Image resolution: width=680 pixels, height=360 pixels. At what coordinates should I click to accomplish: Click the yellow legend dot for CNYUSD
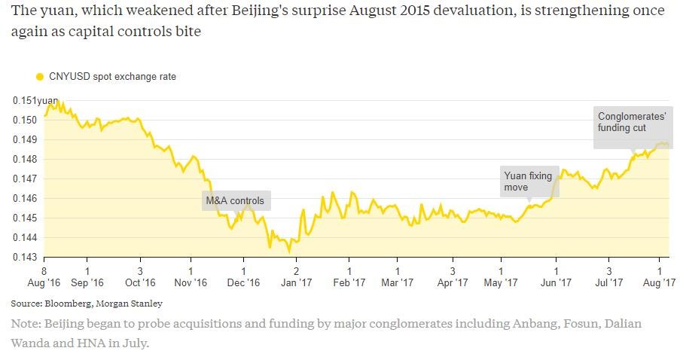pyautogui.click(x=40, y=76)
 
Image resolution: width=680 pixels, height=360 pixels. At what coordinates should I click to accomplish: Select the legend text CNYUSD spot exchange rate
pyautogui.click(x=112, y=76)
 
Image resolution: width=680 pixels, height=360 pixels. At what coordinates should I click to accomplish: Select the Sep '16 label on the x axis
pyautogui.click(x=87, y=283)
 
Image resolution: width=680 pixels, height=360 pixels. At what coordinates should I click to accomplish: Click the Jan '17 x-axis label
pyautogui.click(x=296, y=283)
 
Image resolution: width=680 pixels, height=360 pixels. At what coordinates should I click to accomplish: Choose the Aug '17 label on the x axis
pyautogui.click(x=660, y=283)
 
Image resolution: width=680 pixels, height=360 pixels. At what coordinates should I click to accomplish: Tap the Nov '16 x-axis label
pyautogui.click(x=191, y=283)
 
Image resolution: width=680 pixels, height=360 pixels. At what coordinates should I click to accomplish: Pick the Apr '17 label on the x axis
pyautogui.click(x=452, y=283)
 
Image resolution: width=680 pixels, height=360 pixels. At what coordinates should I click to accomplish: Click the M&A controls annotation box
pyautogui.click(x=235, y=201)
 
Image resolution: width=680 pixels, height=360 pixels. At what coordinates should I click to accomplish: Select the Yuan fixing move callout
pyautogui.click(x=529, y=182)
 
